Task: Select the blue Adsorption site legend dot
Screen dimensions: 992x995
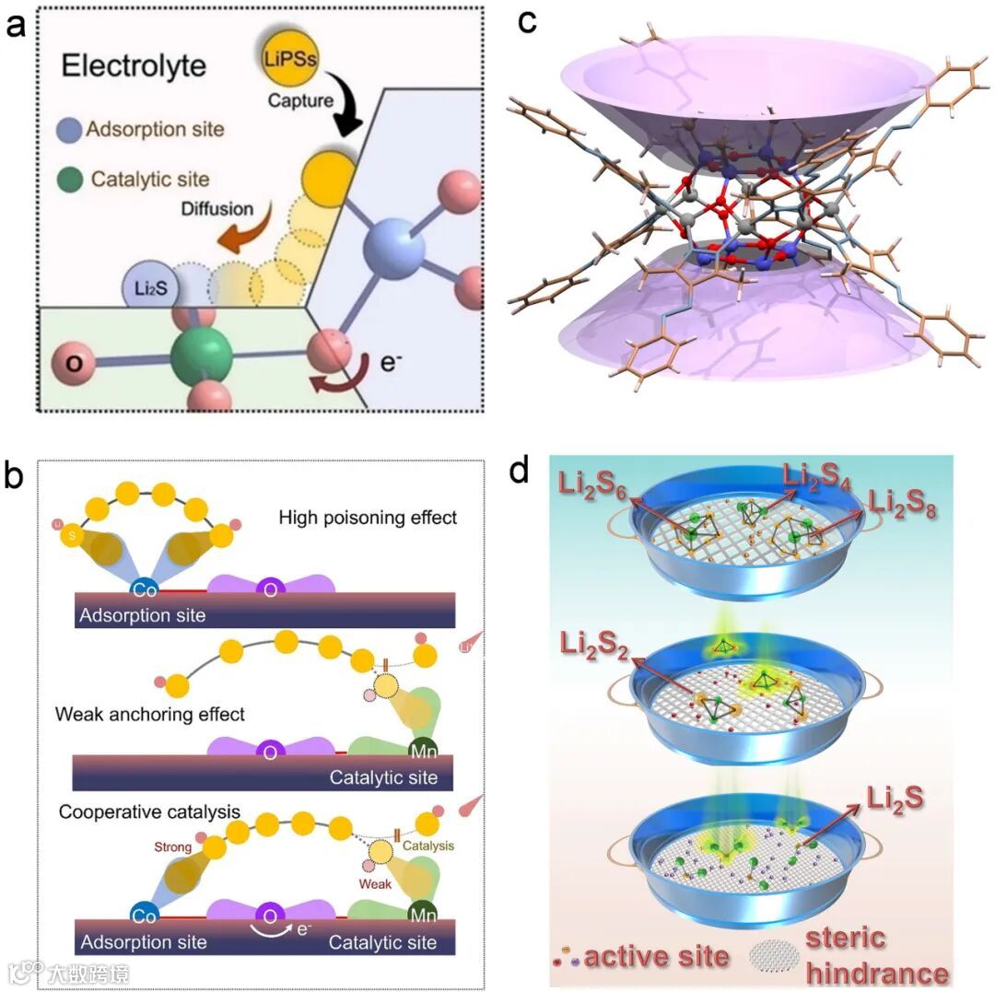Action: coord(72,130)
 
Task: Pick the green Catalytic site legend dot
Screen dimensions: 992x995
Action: coord(72,179)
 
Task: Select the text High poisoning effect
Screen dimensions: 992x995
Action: coord(368,517)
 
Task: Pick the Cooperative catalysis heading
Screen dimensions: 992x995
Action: coord(149,812)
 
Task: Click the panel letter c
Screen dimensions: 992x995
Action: coord(528,20)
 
